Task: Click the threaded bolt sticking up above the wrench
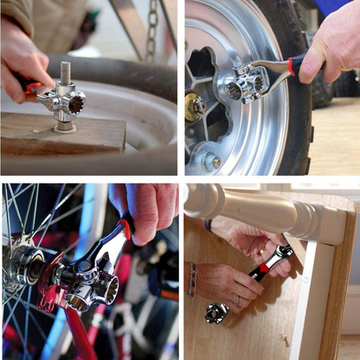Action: click(x=66, y=73)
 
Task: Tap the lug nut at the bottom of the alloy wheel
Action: click(x=210, y=161)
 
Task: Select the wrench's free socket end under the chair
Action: click(x=215, y=312)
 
